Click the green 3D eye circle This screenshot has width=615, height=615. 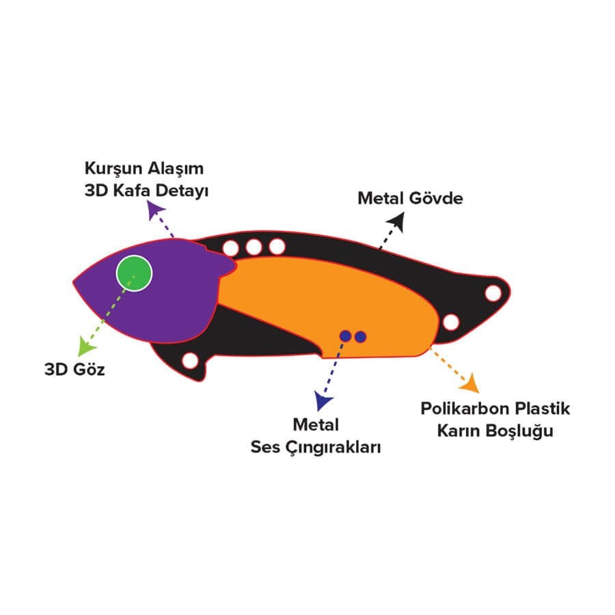[x=134, y=273]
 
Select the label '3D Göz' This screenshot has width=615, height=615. [x=74, y=370]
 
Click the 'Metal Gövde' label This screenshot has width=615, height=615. [x=410, y=198]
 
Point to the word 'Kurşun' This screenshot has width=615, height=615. [x=113, y=169]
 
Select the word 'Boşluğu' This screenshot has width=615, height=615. [x=519, y=431]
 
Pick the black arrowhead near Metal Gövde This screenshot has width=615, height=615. [x=396, y=221]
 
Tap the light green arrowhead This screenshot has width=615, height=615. [x=86, y=346]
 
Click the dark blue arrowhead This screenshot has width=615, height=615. [x=323, y=400]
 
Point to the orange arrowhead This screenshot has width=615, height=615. [x=470, y=383]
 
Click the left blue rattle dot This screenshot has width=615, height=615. [x=346, y=336]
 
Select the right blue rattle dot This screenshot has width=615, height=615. [x=360, y=336]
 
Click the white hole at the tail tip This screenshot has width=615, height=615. [x=493, y=293]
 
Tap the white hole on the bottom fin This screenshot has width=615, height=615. [x=190, y=360]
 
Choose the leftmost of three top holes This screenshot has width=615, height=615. [x=231, y=248]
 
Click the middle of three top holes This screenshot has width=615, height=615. [x=254, y=247]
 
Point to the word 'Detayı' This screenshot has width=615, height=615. [x=182, y=191]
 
